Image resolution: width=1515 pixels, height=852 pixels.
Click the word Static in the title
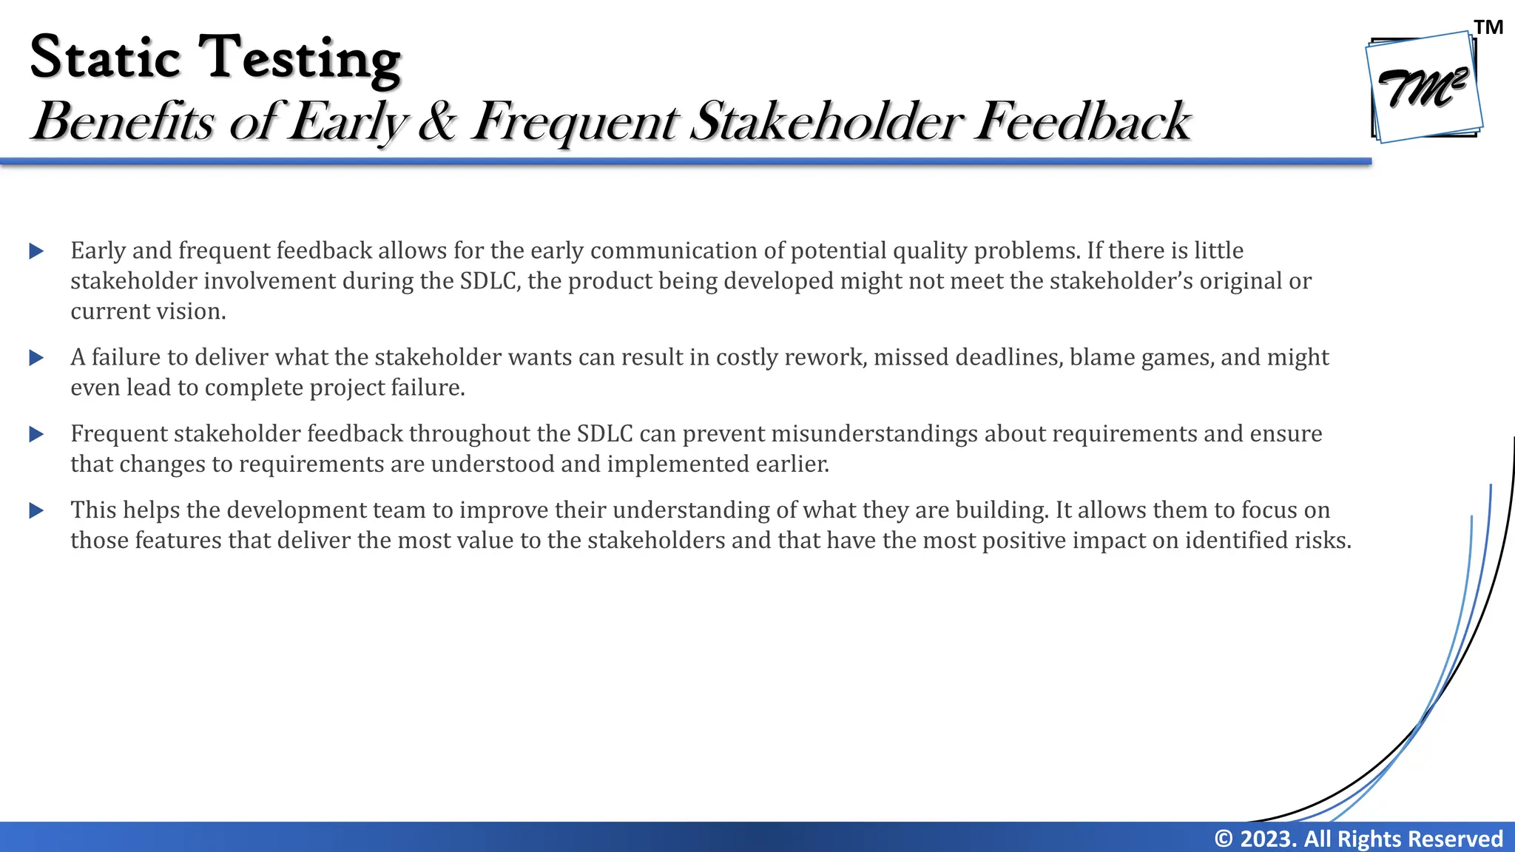coord(105,58)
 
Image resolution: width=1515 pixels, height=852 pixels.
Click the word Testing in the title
coord(300,59)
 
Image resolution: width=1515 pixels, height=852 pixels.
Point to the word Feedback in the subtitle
coord(1082,121)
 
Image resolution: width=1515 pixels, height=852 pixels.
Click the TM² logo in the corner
coord(1424,87)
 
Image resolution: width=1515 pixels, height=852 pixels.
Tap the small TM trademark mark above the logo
coord(1488,28)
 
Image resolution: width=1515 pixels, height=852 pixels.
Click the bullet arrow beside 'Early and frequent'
coord(36,251)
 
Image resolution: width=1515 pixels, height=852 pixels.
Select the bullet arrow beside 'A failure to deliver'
coord(36,358)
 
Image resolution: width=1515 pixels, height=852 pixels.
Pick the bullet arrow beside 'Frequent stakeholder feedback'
coord(36,434)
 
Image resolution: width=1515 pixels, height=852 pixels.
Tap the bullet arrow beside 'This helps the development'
coord(36,510)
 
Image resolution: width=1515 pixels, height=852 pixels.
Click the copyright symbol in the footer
coord(1224,839)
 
